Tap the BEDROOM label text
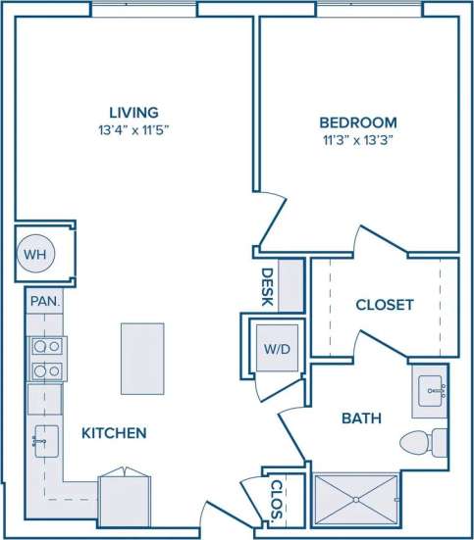[358, 123]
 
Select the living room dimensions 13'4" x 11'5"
[135, 129]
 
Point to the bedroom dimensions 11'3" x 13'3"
[358, 140]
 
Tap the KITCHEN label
[114, 432]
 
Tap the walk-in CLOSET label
[384, 305]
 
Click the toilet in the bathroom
[427, 443]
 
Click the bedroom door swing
[271, 221]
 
